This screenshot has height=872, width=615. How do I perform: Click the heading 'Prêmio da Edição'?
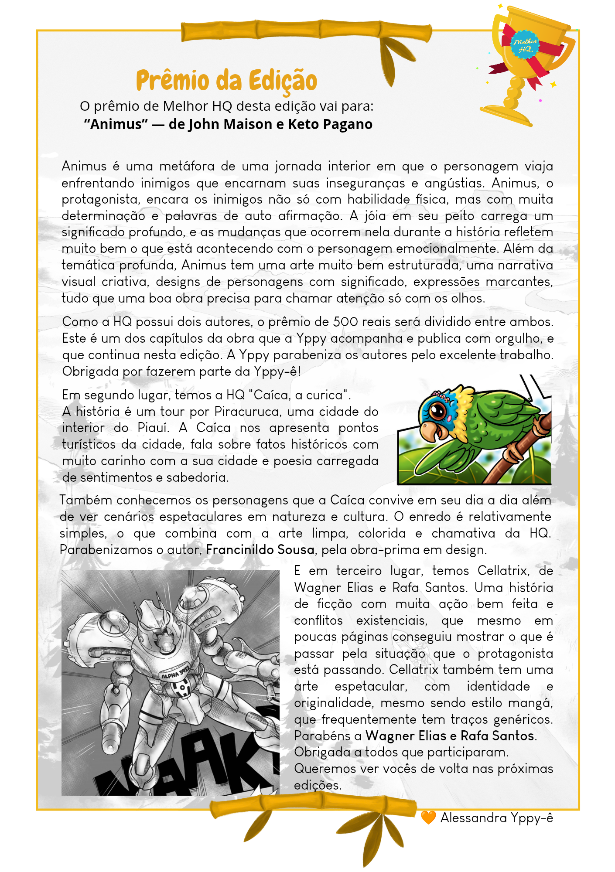point(226,81)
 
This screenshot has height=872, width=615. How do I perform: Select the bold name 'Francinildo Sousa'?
point(260,550)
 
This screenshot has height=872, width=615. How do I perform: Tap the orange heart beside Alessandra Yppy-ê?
point(428,817)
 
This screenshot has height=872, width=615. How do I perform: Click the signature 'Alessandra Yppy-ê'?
point(496,817)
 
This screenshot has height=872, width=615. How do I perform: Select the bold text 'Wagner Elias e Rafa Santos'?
point(450,736)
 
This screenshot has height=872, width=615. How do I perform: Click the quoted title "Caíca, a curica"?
point(299,395)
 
